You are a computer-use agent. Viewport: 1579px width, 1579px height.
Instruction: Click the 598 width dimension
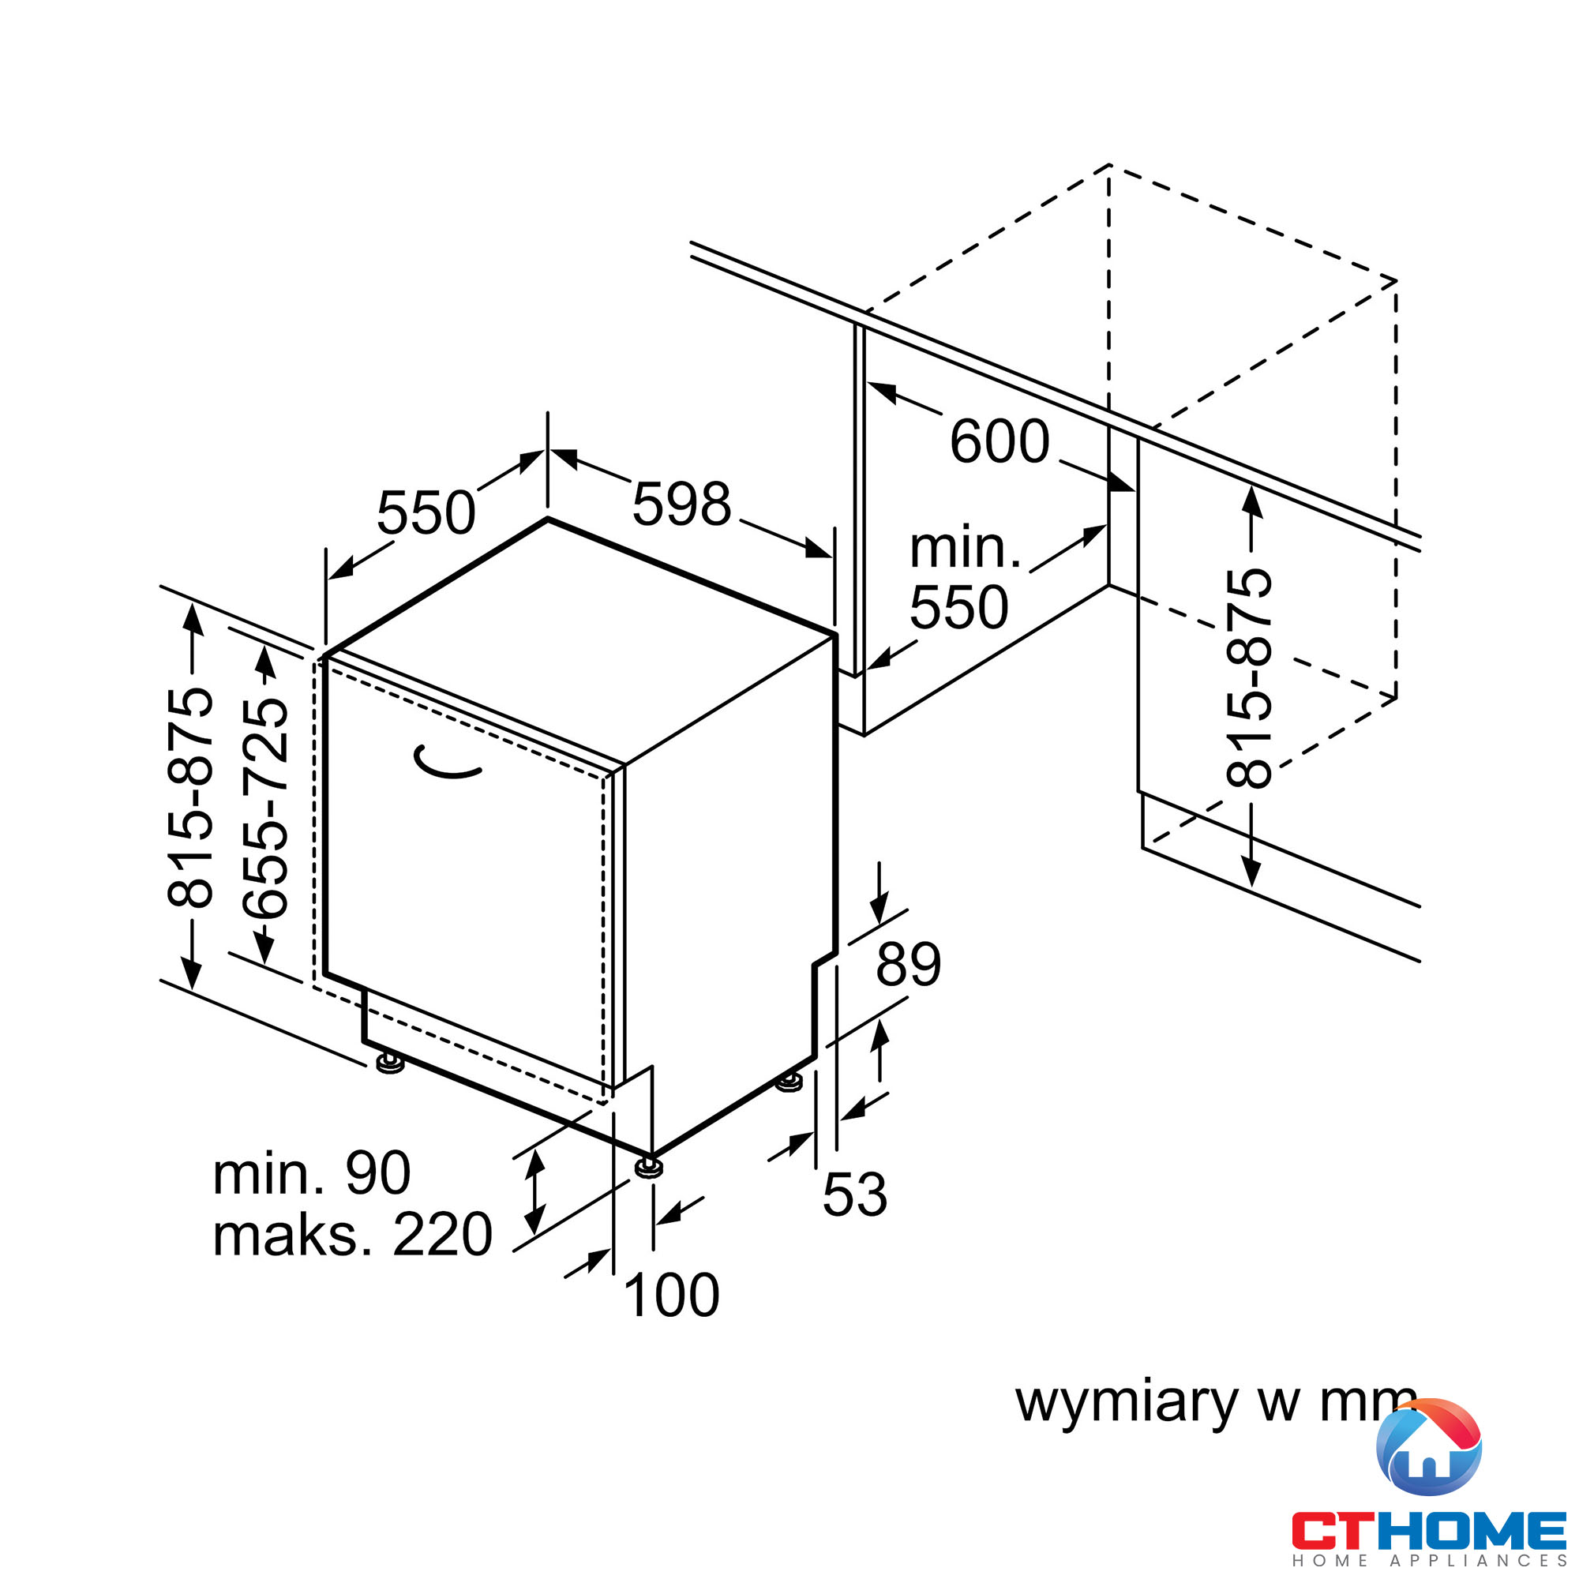681,504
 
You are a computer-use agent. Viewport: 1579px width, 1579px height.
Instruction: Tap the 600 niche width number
1000,441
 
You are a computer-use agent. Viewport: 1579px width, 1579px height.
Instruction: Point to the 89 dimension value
909,965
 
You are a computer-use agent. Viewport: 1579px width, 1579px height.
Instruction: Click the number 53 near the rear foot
855,1194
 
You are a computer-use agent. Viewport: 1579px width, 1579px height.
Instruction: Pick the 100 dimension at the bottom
672,1295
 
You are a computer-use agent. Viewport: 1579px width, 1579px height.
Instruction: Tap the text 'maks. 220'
352,1234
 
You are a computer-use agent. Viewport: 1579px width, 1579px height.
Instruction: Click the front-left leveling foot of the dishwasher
391,1063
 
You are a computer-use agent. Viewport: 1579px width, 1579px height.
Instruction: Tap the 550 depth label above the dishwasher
426,513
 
